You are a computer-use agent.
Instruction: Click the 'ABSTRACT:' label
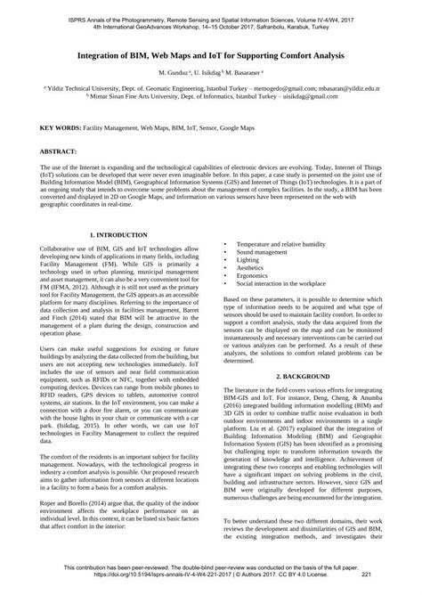click(x=59, y=153)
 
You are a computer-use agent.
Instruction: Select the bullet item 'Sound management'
click(x=262, y=253)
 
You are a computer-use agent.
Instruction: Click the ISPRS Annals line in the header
click(x=211, y=7)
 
